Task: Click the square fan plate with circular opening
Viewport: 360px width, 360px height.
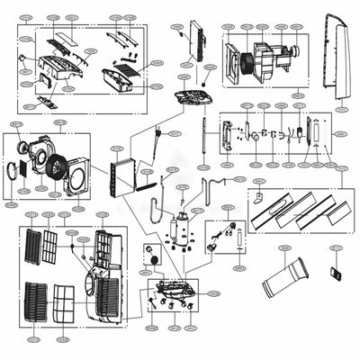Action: coord(78,175)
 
